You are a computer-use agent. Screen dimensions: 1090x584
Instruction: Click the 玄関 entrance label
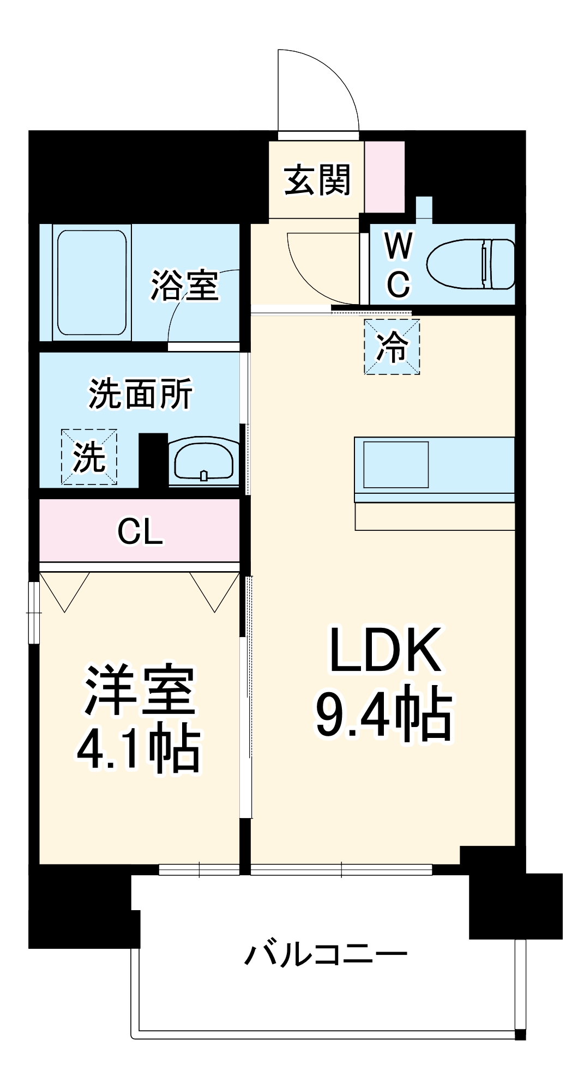click(317, 179)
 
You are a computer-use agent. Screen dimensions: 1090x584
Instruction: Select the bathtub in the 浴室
click(92, 282)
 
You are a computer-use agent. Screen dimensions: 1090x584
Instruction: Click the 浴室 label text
click(185, 285)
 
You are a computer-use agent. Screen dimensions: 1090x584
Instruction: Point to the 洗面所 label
click(140, 393)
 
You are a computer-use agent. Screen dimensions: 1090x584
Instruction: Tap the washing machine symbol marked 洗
click(89, 457)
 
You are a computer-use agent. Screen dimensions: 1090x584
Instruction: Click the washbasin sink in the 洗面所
click(203, 461)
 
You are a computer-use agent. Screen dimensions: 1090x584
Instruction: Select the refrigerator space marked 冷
click(392, 347)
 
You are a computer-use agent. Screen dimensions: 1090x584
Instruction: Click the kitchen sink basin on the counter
click(396, 464)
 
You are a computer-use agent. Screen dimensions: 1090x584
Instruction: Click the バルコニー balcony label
click(326, 954)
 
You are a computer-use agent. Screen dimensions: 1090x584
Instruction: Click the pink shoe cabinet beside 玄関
click(384, 177)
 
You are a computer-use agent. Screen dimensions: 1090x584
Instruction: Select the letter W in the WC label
click(399, 246)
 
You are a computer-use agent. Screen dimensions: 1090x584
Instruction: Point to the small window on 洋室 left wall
click(34, 613)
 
